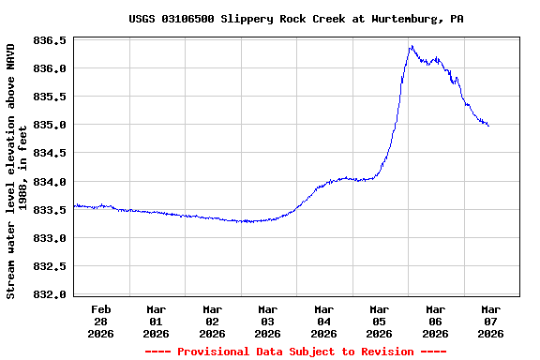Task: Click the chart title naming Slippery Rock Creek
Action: coord(296,19)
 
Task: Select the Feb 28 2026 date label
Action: coord(100,321)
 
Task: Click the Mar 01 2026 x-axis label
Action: coord(156,321)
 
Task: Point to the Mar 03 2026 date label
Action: coord(267,321)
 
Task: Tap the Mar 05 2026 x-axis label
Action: coord(379,321)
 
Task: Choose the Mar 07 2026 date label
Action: coord(490,321)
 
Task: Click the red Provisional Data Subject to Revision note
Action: coord(295,352)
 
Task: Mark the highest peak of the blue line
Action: coord(411,46)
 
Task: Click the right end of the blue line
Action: coord(488,126)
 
